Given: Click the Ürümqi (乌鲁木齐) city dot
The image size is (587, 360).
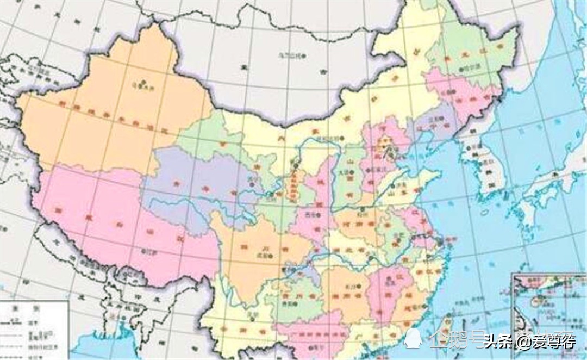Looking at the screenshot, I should pos(142,82).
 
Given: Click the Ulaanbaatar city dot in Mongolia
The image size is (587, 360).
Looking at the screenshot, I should pos(304,55).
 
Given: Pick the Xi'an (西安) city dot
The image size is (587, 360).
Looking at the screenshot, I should pos(308,214).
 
